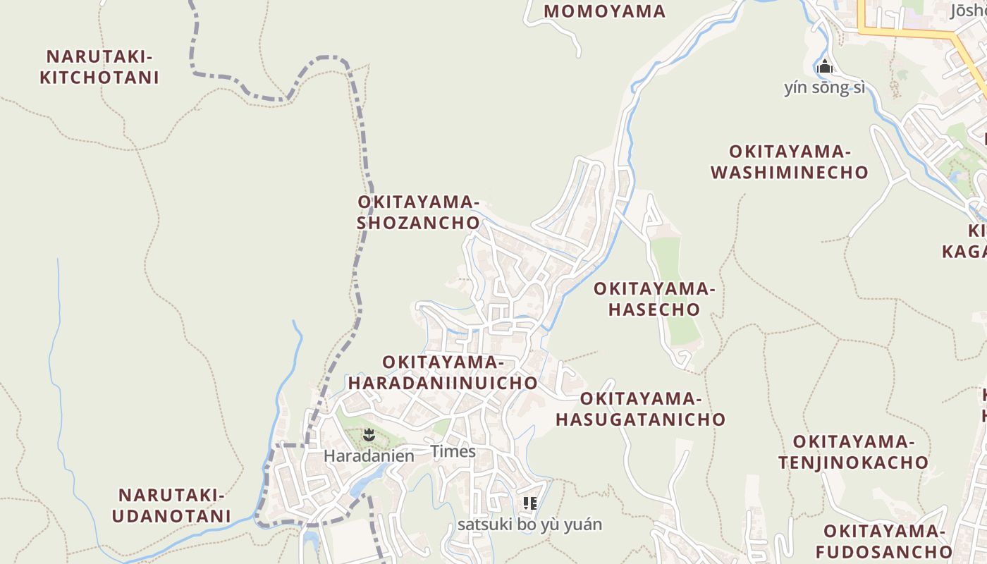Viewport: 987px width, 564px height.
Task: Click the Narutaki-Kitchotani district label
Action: click(x=99, y=67)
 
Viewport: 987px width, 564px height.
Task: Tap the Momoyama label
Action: click(x=604, y=11)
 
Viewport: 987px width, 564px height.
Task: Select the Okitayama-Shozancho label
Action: click(x=418, y=212)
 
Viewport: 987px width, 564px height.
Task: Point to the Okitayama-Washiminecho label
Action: click(x=790, y=162)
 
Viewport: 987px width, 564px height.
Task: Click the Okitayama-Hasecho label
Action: click(x=654, y=299)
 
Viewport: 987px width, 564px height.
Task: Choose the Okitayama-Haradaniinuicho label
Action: click(x=443, y=372)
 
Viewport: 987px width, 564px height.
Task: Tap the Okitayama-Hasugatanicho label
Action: click(x=640, y=409)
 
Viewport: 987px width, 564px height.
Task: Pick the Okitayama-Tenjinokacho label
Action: click(x=853, y=452)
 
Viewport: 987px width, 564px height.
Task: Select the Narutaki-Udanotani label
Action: click(x=171, y=505)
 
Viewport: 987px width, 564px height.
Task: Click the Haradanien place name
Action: click(x=369, y=456)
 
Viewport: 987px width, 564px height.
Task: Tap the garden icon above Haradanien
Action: click(x=368, y=434)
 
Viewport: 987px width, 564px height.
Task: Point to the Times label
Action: click(x=453, y=451)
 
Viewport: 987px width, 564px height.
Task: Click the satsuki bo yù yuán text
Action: click(x=529, y=525)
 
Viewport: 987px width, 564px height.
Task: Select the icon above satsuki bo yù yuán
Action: click(x=530, y=503)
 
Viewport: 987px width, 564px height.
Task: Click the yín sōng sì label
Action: click(x=824, y=88)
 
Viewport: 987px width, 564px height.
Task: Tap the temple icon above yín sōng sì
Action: click(x=825, y=68)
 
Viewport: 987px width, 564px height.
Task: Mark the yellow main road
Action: click(x=909, y=32)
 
